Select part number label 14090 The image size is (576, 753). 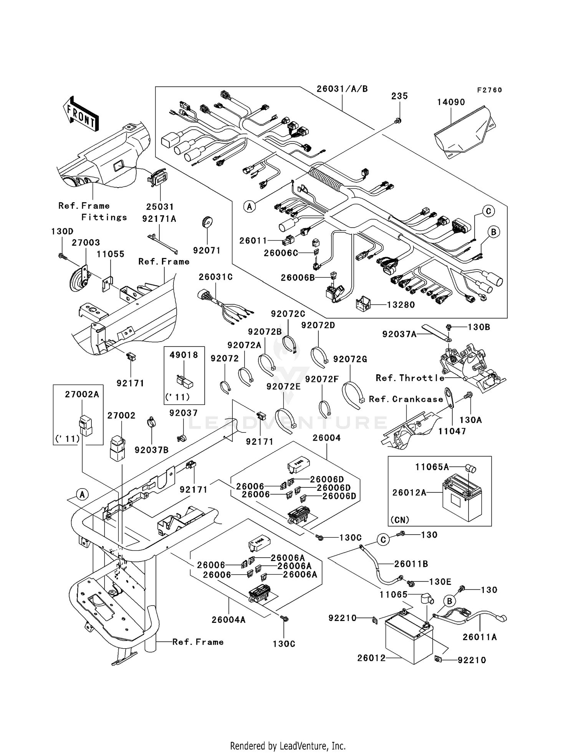[x=451, y=102]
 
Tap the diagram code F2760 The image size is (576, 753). [x=489, y=90]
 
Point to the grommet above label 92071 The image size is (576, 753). [x=208, y=222]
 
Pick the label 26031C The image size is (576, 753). [x=215, y=277]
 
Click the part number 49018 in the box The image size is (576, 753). [x=184, y=355]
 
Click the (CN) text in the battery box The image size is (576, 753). [x=400, y=520]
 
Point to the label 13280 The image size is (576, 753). [x=401, y=305]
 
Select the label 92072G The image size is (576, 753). [x=350, y=359]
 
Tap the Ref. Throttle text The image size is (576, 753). [x=410, y=378]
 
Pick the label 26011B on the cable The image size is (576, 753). [x=411, y=564]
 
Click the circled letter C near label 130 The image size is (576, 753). [x=383, y=540]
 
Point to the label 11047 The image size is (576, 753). [x=452, y=431]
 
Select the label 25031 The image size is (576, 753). [x=160, y=206]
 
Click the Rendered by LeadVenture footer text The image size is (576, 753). [x=288, y=746]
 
